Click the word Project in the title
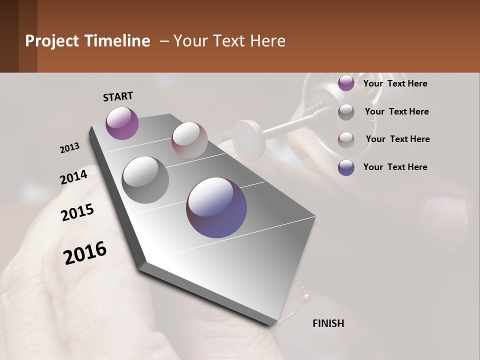point(50,41)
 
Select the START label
point(118,96)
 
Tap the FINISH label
point(328,323)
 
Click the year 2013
point(70,148)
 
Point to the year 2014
point(74,177)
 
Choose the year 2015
point(77,212)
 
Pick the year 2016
point(85,252)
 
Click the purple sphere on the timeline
point(122,123)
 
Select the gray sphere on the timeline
point(145,179)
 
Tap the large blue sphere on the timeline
point(216,207)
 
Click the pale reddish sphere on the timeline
point(189,139)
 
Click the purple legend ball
point(346,83)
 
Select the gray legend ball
point(346,112)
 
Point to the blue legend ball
point(346,167)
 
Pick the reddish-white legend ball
point(346,139)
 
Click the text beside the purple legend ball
point(395,83)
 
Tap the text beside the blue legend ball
point(395,167)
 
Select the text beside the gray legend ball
point(397,111)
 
